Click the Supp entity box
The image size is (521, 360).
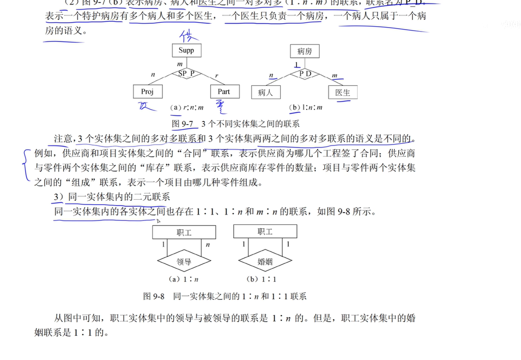point(186,50)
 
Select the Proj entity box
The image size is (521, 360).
point(148,92)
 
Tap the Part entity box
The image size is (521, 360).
point(223,92)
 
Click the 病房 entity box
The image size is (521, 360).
point(304,51)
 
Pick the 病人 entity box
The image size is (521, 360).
point(266,92)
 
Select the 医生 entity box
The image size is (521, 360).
point(342,92)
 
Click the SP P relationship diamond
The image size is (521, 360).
point(186,73)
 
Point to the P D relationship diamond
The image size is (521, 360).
point(305,73)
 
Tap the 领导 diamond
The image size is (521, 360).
point(184,262)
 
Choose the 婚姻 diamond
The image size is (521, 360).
point(265,262)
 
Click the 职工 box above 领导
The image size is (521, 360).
point(184,232)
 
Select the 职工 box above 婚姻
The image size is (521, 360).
point(265,231)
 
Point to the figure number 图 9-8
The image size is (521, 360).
point(153,296)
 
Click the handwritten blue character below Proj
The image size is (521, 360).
point(145,106)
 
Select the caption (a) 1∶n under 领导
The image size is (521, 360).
point(184,279)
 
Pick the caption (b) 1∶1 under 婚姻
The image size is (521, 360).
point(265,279)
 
